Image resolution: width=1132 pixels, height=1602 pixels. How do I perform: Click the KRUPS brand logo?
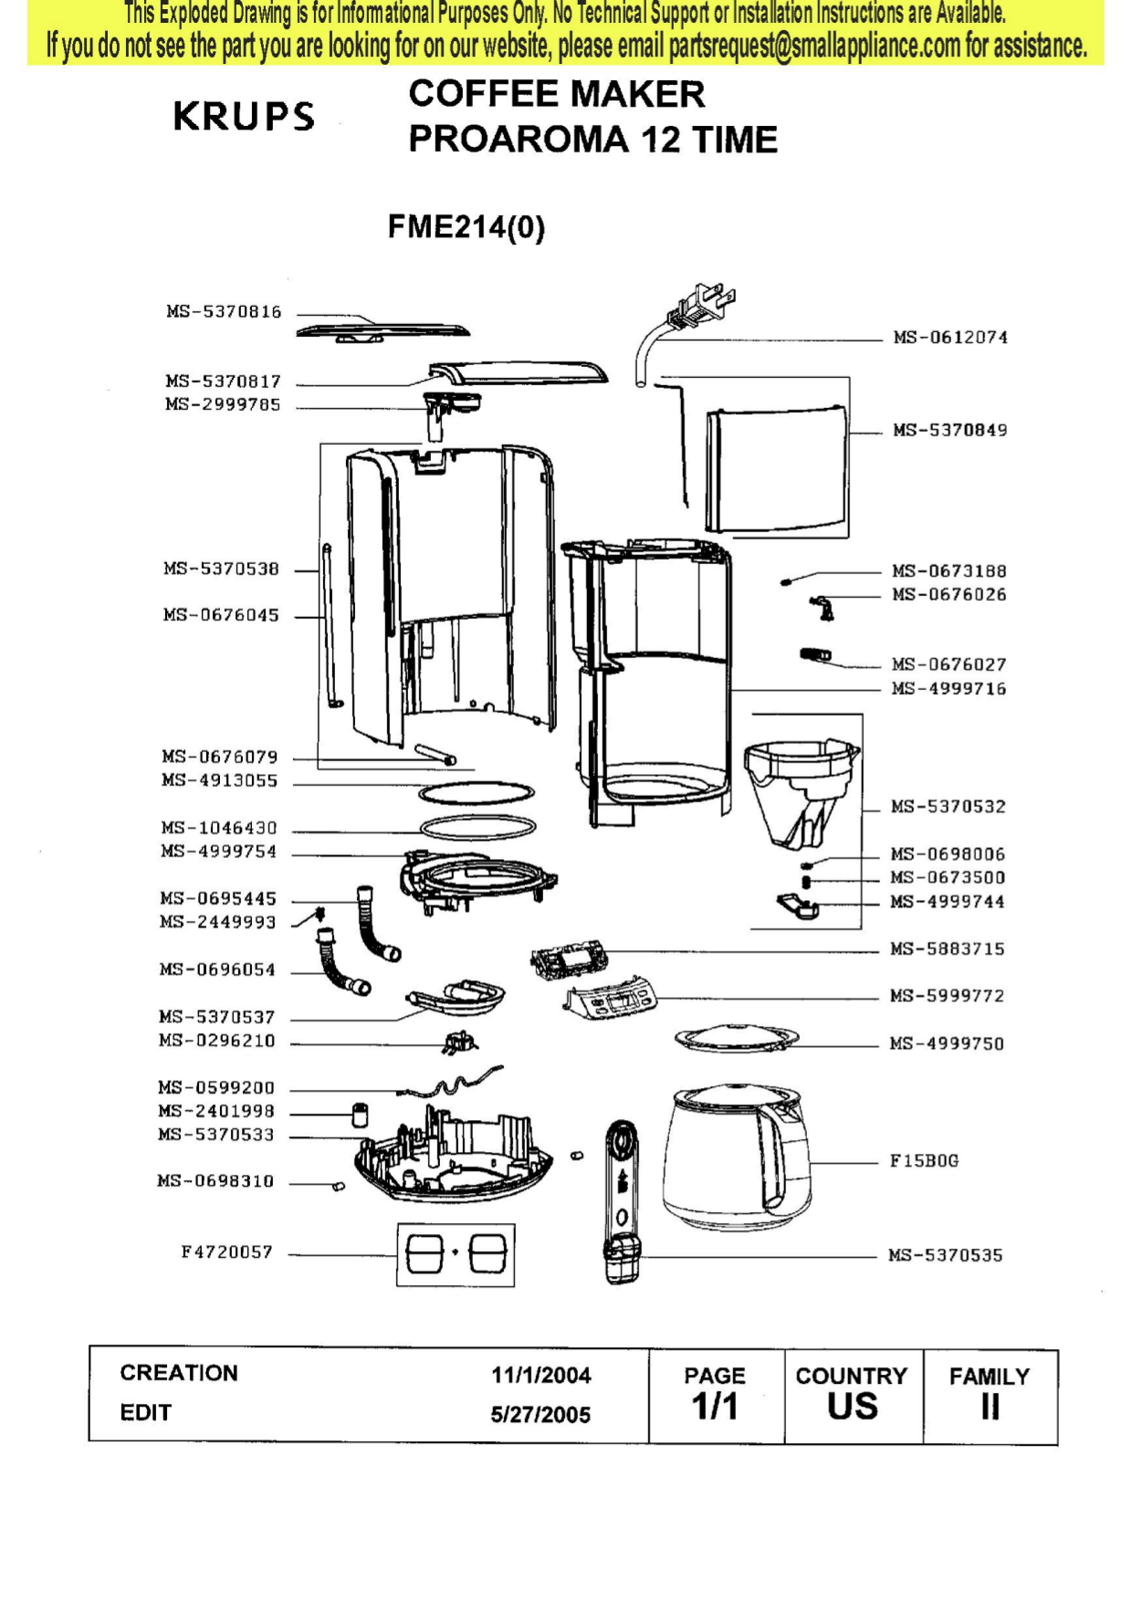click(244, 117)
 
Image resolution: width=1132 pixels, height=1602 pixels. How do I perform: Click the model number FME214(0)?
click(466, 226)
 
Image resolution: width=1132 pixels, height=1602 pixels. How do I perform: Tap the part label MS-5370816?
click(224, 312)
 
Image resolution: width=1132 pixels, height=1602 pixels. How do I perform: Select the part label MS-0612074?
click(950, 338)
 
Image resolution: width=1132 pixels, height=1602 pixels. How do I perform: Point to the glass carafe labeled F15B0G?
click(738, 1155)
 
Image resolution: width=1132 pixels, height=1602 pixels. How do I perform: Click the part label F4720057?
click(226, 1252)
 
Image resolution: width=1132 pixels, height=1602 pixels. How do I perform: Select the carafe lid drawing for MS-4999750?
click(736, 1039)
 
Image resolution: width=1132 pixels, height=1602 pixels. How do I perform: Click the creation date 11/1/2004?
click(540, 1375)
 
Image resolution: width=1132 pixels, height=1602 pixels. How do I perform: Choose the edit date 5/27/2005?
click(540, 1415)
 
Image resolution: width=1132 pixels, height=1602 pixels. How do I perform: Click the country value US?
click(852, 1408)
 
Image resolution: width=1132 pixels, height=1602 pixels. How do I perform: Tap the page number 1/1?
click(715, 1408)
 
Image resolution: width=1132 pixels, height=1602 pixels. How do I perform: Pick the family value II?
click(990, 1408)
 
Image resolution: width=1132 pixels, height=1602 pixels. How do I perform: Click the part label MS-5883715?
click(948, 949)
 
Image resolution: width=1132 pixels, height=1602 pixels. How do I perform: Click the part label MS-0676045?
click(221, 615)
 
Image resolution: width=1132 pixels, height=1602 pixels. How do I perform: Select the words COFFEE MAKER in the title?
click(557, 94)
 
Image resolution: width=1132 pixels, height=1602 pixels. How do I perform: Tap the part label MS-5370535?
click(946, 1256)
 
